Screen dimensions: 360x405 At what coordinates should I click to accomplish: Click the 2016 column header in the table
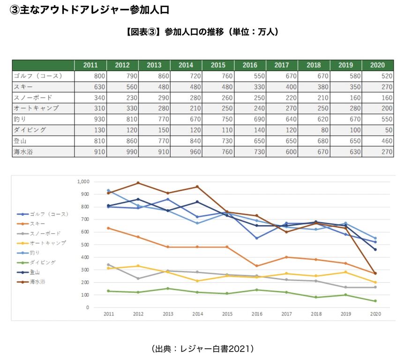pos(250,65)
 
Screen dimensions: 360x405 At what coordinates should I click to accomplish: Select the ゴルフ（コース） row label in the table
pos(37,76)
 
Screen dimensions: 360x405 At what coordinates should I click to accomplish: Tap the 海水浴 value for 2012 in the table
pos(122,152)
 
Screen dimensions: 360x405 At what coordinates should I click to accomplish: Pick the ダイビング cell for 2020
pos(378,130)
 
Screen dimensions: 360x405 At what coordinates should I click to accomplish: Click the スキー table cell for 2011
pos(90,87)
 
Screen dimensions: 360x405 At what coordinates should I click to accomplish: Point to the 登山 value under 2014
pos(186,141)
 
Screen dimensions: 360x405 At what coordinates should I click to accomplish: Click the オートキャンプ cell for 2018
pos(314,108)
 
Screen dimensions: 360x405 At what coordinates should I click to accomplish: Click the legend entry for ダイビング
pos(43,262)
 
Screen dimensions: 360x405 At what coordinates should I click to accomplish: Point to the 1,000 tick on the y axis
pos(83,181)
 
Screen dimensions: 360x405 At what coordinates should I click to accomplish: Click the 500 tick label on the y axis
pos(85,245)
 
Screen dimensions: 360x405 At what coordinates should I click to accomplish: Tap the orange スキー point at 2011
pos(108,228)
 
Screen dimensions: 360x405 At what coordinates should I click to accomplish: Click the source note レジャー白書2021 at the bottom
pos(202,348)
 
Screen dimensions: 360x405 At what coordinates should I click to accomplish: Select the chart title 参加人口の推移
pos(202,32)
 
